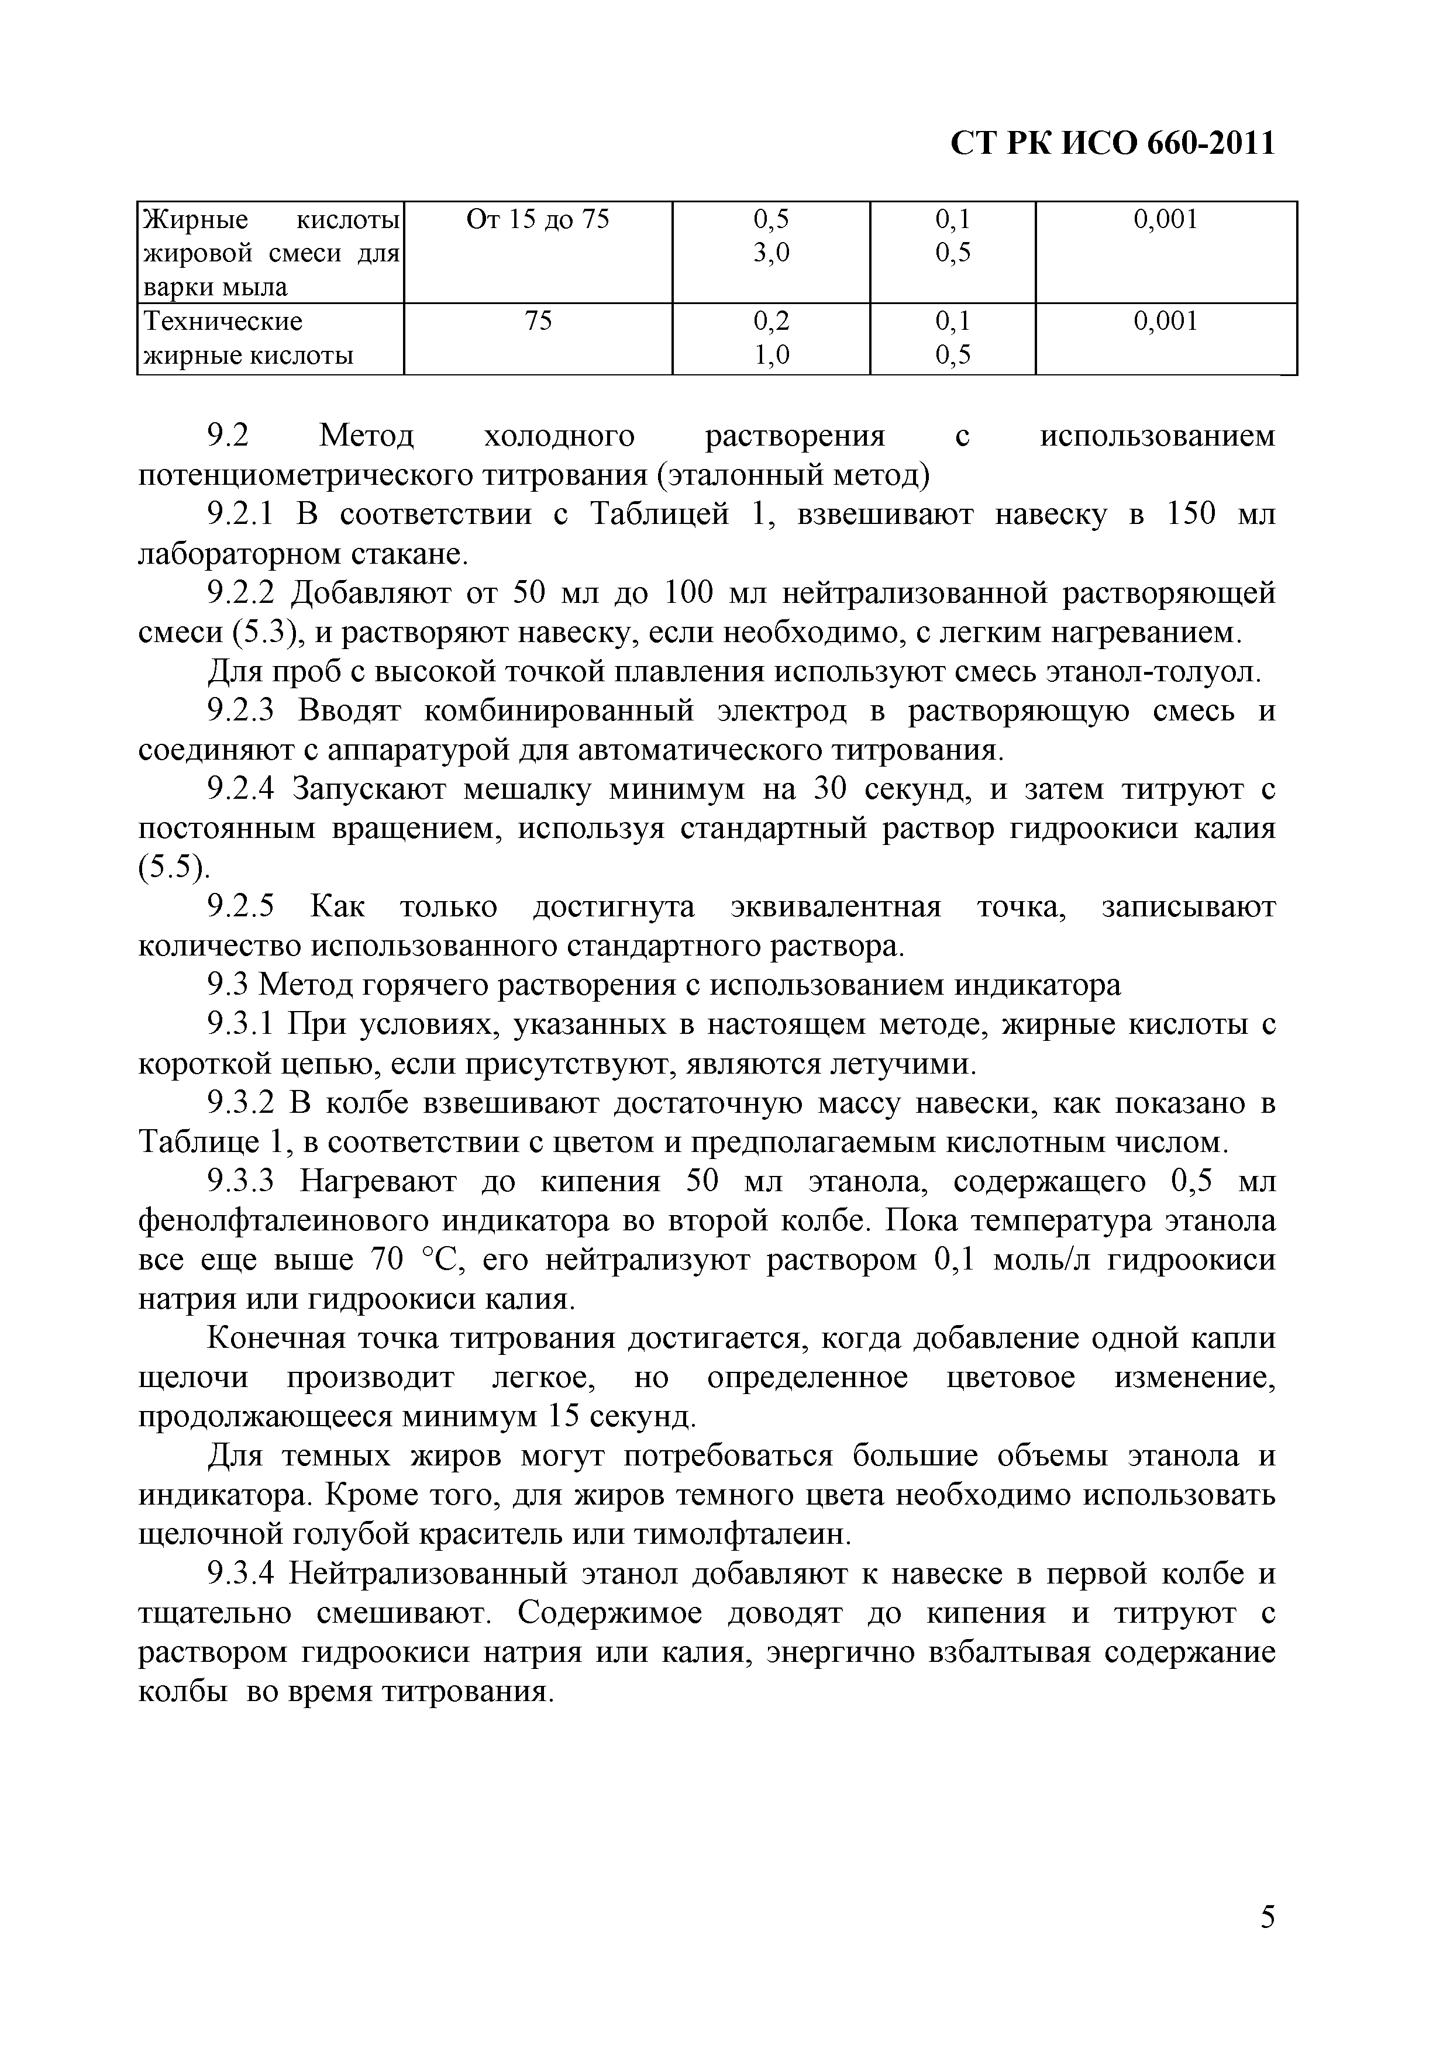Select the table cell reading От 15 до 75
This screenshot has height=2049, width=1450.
pos(538,219)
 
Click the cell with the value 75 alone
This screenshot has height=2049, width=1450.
pos(538,321)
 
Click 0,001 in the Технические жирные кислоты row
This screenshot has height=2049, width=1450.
pos(1165,321)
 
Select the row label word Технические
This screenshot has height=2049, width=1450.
pos(223,321)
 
